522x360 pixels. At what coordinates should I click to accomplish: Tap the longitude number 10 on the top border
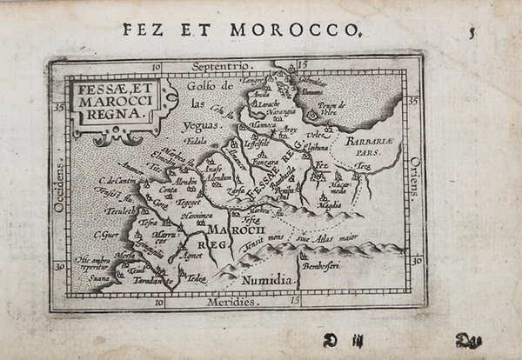157,65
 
